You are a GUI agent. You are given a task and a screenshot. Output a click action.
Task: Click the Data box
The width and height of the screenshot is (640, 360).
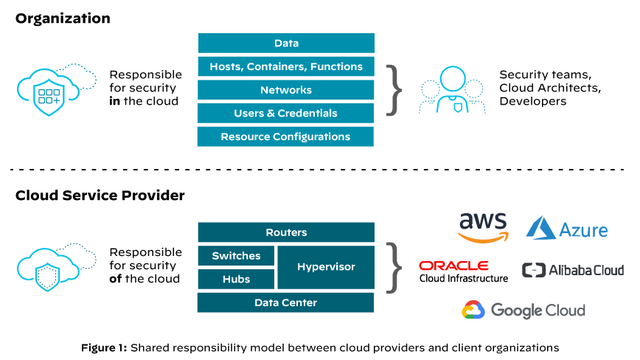[x=286, y=43]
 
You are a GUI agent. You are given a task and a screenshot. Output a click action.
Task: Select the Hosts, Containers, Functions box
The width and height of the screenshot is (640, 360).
[x=286, y=66]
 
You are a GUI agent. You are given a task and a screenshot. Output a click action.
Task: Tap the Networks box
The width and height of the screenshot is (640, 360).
[x=286, y=90]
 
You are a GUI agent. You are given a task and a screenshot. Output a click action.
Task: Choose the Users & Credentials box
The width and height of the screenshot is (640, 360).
[x=286, y=113]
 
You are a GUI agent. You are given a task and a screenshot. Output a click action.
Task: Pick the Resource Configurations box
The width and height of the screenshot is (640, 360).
[x=286, y=136]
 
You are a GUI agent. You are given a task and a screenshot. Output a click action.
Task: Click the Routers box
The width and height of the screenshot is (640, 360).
[x=286, y=232]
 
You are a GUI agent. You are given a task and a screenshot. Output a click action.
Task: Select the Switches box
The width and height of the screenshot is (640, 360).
[x=236, y=256]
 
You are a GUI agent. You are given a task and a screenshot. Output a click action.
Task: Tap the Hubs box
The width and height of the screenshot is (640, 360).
[x=236, y=279]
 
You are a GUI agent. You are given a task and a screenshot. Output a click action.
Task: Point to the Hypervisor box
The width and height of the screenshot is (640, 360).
[x=326, y=267]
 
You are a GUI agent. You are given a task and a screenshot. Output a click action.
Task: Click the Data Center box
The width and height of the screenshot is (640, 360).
[x=286, y=302]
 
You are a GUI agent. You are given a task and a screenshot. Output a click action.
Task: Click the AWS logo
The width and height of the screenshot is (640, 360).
[x=483, y=227]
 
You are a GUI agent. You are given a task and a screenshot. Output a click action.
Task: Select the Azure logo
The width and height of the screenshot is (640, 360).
[x=567, y=229]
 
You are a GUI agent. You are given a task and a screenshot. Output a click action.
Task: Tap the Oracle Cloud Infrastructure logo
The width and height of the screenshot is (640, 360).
[x=463, y=271]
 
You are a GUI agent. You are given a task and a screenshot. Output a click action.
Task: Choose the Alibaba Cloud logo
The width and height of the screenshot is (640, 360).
[x=573, y=270]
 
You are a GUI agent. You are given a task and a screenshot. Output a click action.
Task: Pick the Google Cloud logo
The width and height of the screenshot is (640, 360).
[x=524, y=310]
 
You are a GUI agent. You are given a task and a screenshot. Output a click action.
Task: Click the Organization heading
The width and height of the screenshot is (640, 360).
[x=63, y=18]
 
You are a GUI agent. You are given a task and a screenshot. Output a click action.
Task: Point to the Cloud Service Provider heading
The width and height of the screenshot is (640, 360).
[x=100, y=195]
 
